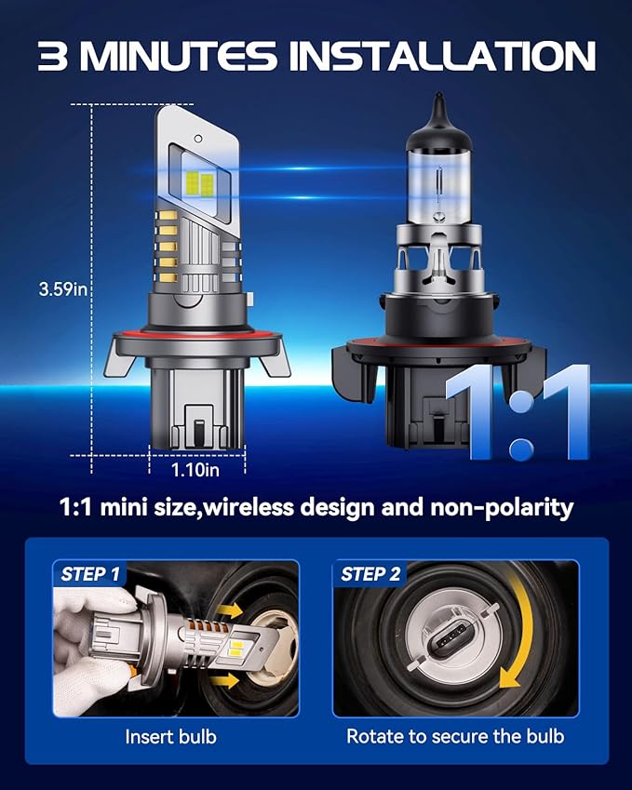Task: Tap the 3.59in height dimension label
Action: (x=63, y=289)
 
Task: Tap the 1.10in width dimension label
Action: (x=195, y=470)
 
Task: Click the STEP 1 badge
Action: (x=90, y=574)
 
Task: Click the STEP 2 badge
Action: (x=370, y=574)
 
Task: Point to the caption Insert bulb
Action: (x=170, y=736)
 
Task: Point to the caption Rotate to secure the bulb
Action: (x=455, y=736)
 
